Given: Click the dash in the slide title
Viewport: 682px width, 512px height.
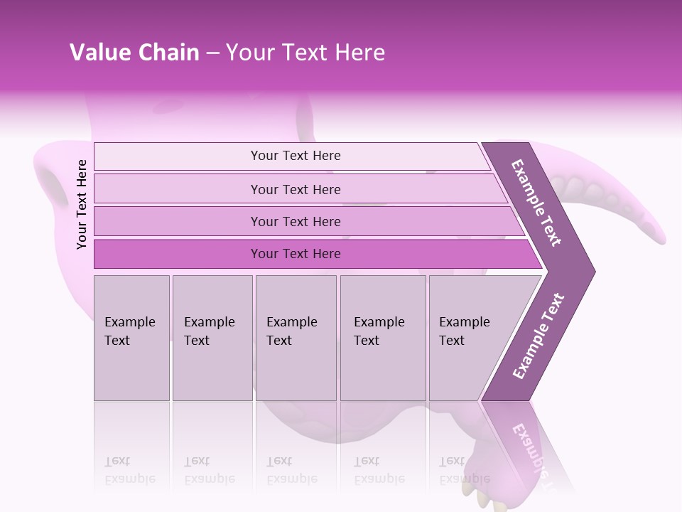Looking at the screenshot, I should click(212, 53).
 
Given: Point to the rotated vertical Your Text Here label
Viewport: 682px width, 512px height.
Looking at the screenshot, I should click(82, 204).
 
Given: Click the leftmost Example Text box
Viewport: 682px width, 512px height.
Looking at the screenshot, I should click(131, 338).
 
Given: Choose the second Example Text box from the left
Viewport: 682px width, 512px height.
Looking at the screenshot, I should click(212, 338).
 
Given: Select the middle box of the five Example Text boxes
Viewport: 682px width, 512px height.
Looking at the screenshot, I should click(296, 338).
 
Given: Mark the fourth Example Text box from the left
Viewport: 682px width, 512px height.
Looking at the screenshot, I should click(382, 338).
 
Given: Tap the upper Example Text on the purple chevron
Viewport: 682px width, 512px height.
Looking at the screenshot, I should click(537, 202).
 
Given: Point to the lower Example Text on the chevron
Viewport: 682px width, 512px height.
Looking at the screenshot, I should click(538, 336).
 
